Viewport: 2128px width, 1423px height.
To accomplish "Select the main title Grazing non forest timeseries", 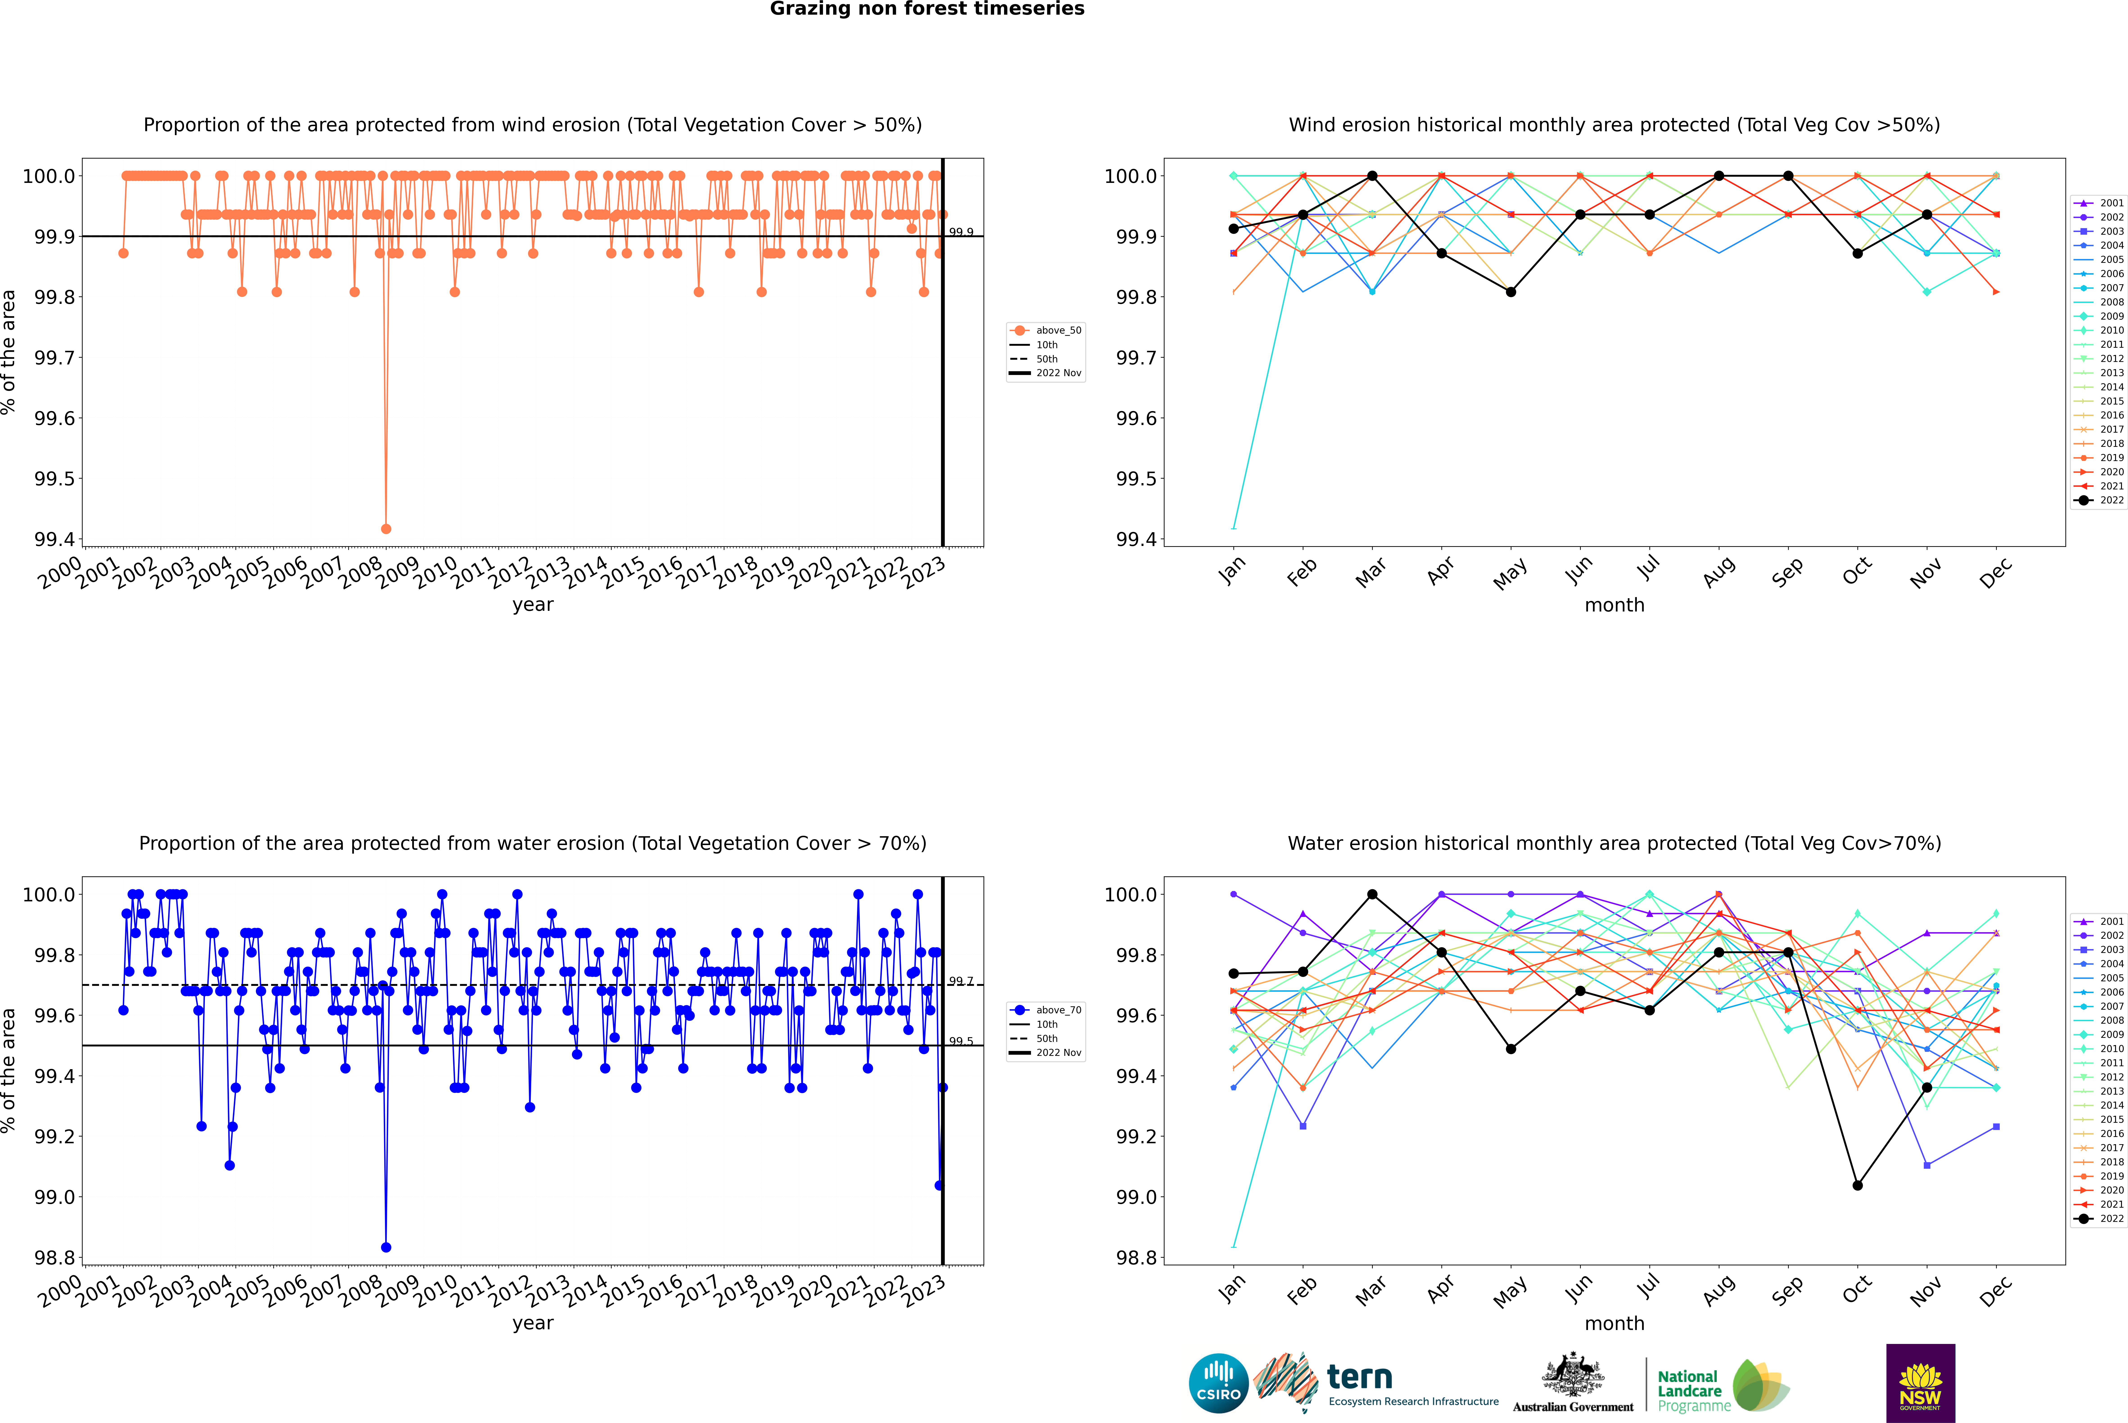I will tap(927, 9).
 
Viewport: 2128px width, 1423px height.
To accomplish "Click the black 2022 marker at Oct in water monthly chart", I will tap(1858, 1185).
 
